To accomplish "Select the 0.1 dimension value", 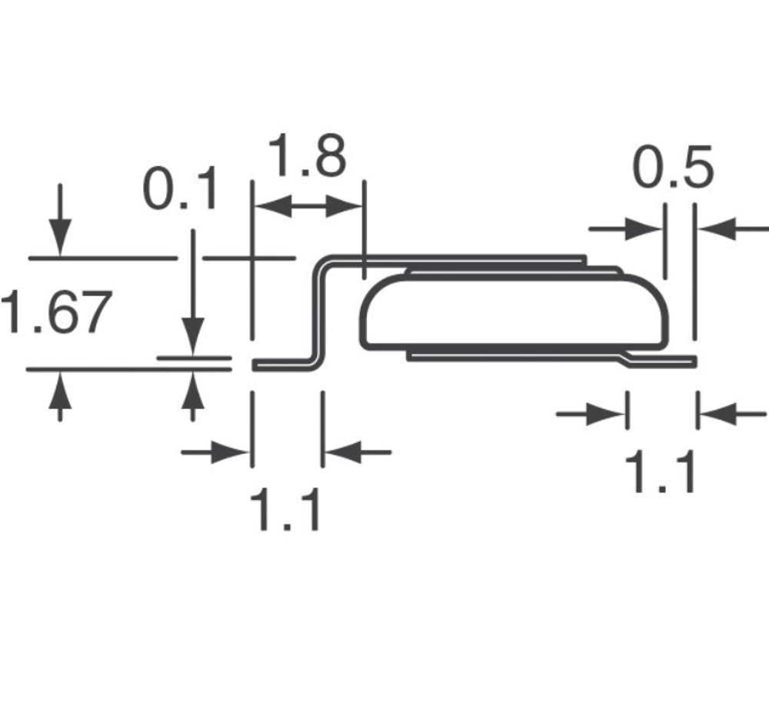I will [x=181, y=192].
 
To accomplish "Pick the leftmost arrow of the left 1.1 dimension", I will [x=231, y=453].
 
